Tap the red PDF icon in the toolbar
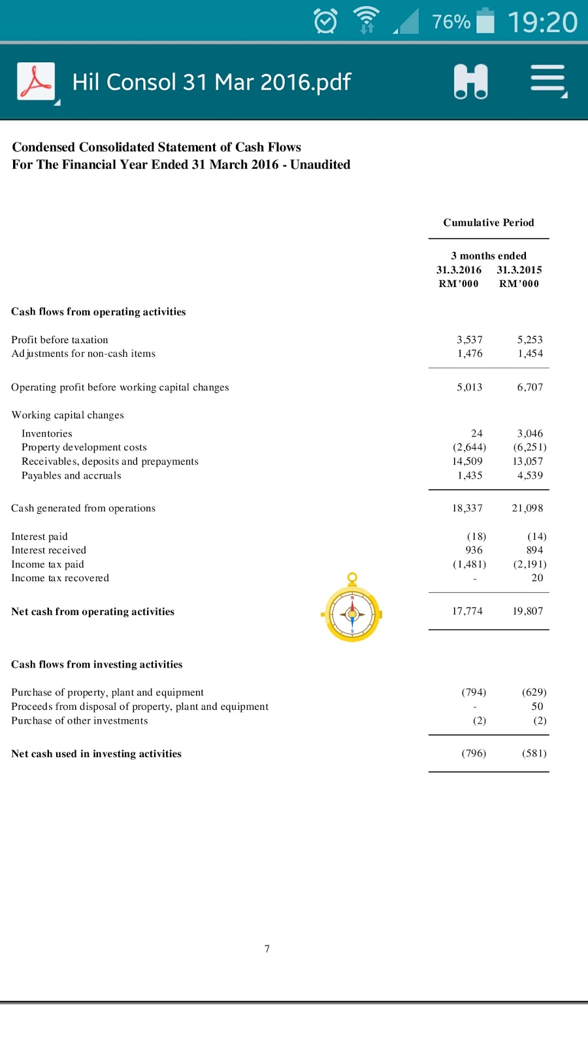click(36, 82)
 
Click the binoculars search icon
click(470, 82)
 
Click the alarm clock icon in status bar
click(325, 22)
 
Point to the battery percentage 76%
click(451, 22)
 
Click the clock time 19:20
click(542, 22)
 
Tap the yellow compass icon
click(352, 612)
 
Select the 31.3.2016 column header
click(459, 270)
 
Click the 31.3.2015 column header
click(519, 270)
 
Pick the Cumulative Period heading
click(489, 223)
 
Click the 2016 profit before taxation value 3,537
click(469, 340)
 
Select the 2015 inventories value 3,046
click(530, 433)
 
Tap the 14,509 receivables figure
click(467, 462)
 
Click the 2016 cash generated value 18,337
click(467, 509)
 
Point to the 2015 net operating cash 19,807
click(527, 611)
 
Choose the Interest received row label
click(49, 550)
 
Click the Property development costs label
click(84, 447)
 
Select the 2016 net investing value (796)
click(474, 754)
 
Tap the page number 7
click(267, 949)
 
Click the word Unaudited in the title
click(320, 165)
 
